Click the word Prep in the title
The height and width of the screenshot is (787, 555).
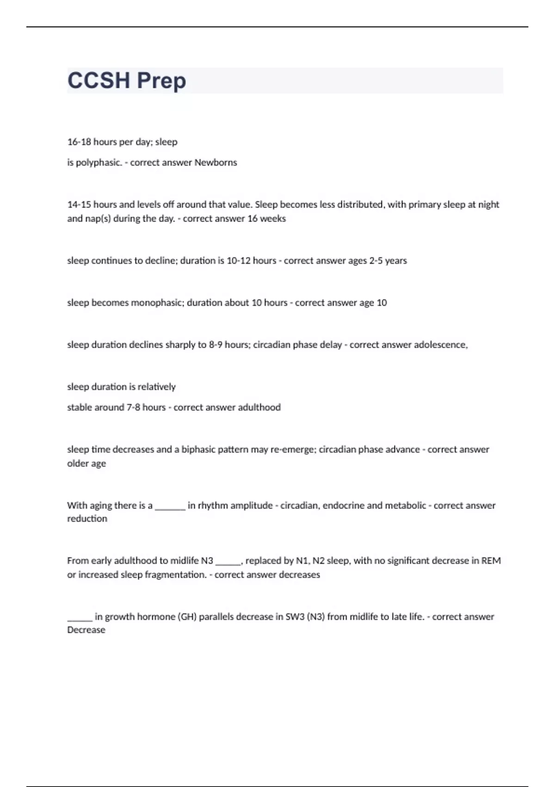tap(161, 81)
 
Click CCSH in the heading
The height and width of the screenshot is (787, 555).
tap(99, 81)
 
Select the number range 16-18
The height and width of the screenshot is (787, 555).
tap(79, 142)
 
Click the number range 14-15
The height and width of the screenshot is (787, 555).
tap(79, 205)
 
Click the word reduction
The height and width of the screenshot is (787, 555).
tap(87, 518)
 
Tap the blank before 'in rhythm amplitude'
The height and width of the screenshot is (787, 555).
tap(170, 506)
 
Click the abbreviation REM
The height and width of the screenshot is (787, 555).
tap(491, 561)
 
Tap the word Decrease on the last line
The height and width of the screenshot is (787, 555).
tap(86, 630)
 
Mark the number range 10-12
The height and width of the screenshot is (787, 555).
tap(240, 261)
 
